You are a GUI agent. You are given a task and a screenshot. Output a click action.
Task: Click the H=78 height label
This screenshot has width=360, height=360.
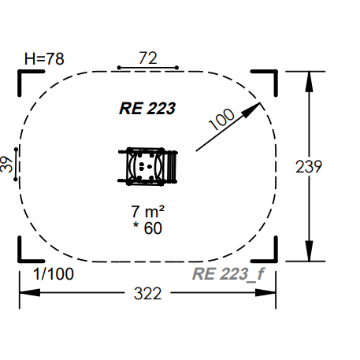44,58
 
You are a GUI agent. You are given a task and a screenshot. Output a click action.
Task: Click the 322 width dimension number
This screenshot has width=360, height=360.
147,293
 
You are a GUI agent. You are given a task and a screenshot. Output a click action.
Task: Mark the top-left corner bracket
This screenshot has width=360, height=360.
24,76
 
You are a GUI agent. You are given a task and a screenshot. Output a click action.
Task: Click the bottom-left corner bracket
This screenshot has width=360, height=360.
24,254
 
